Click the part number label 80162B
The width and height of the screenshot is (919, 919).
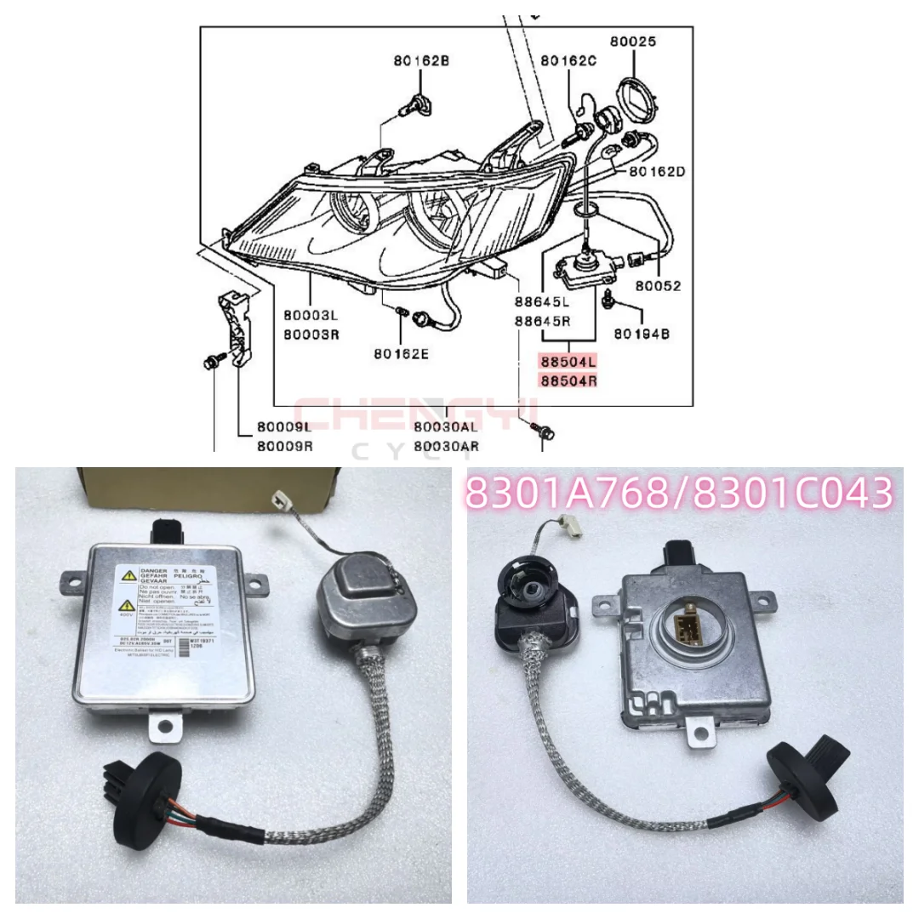click(421, 60)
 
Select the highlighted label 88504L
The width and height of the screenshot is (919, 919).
click(568, 362)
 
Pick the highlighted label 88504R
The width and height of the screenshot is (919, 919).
click(568, 381)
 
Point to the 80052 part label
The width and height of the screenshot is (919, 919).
click(658, 286)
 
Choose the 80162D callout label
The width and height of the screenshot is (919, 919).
click(657, 171)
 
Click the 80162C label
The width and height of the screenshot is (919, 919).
click(568, 60)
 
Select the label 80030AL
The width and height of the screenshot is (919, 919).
click(447, 427)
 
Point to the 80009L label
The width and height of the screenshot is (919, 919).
click(284, 427)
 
